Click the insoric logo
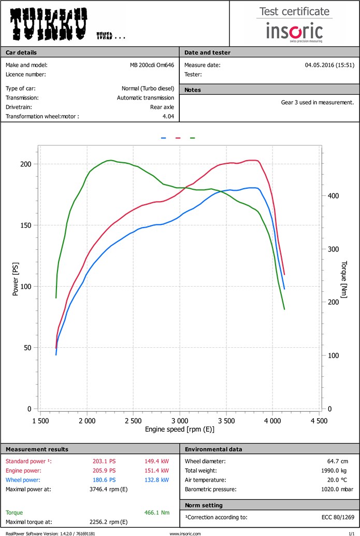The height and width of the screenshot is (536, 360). tap(294, 31)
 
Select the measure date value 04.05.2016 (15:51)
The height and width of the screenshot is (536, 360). tap(329, 65)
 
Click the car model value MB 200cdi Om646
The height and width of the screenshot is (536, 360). tap(152, 65)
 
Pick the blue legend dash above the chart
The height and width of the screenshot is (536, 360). tap(163, 138)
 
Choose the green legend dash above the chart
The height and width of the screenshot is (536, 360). tap(192, 138)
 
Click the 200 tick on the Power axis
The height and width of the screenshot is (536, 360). tap(26, 164)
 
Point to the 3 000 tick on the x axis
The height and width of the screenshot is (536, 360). tap(179, 420)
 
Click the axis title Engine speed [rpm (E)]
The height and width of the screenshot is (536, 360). tap(179, 429)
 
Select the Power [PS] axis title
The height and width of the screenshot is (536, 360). tap(15, 281)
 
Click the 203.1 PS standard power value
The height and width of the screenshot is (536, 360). tap(104, 461)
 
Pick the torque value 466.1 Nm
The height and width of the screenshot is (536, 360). tap(158, 512)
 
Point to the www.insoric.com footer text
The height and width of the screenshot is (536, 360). tap(185, 533)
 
